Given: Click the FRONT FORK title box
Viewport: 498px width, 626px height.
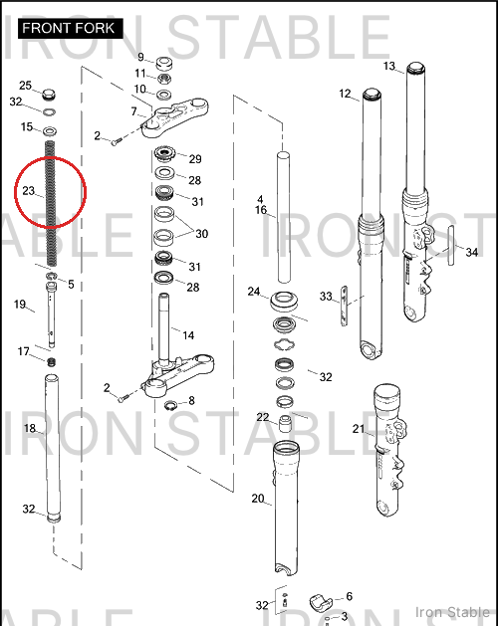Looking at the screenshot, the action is pos(71,28).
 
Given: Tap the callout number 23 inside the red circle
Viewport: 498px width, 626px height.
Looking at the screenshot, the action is pos(28,191).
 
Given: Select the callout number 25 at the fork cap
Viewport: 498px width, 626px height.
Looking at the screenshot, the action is pos(25,86).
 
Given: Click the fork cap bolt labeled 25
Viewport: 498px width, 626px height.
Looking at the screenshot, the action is pos(49,95).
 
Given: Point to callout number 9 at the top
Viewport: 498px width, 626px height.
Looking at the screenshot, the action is pos(140,57).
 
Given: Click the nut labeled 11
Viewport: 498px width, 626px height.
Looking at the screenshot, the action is pos(163,78).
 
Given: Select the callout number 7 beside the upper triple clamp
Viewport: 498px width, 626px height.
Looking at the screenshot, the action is pos(133,111).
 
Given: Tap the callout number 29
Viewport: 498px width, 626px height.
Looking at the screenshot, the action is pos(195,159).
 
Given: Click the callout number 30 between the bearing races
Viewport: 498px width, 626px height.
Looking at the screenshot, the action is pos(201,234).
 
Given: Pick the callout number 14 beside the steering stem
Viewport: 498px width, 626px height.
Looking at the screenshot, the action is pos(188,335).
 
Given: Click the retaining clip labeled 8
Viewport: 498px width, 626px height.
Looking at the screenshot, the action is pos(170,406).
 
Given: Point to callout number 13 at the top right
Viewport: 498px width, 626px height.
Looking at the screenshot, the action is pos(388,66).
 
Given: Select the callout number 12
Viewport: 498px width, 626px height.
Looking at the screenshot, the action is pos(345,94).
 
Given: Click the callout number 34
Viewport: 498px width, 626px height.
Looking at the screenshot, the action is pos(472,253).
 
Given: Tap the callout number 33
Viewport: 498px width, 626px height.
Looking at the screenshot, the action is pos(326,297).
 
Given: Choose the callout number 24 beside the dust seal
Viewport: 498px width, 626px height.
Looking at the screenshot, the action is pos(254,292).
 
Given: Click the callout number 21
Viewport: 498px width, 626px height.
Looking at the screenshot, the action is pos(359,429).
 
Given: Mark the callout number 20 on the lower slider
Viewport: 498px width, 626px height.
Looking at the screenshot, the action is pos(258,499).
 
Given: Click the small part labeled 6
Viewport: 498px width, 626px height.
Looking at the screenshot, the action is pos(321,602).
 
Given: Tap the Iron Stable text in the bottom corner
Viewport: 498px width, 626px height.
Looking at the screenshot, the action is pos(452,612).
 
